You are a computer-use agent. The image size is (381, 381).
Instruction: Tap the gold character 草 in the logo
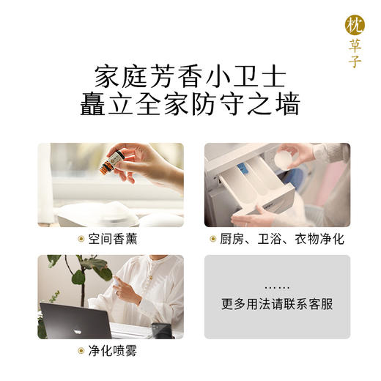[x=354, y=45]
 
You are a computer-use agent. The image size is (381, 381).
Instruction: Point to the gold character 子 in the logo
[x=354, y=61]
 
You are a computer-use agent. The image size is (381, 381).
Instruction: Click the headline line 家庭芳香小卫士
[x=190, y=76]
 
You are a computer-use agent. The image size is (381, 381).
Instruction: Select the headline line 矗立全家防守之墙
[x=190, y=104]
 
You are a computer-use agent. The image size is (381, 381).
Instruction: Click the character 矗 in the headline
[x=93, y=104]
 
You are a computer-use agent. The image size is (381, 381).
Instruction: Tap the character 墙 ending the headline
[x=287, y=104]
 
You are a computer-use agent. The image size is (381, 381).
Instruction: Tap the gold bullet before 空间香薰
[x=82, y=240]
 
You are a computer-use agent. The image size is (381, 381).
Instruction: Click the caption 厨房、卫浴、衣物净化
[x=281, y=240]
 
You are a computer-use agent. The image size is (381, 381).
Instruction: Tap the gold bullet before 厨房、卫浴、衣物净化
[x=213, y=240]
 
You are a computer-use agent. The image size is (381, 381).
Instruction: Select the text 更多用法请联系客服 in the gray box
[x=277, y=303]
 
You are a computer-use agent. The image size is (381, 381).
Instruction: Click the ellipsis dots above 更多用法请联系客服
[x=277, y=287]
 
